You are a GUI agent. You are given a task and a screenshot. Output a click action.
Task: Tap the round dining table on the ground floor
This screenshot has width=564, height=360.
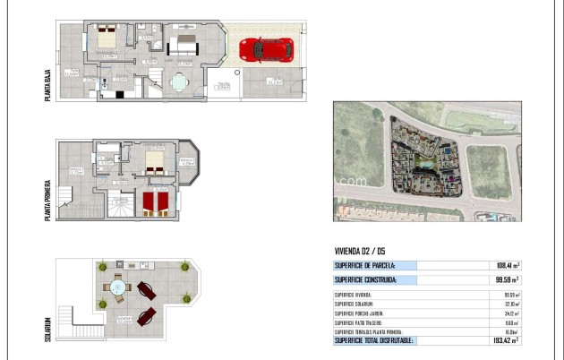(179, 82)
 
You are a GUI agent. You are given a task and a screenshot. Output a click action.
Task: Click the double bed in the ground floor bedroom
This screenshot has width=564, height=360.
(107, 39)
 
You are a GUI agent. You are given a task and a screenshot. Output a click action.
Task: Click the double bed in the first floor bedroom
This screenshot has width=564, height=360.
(155, 161)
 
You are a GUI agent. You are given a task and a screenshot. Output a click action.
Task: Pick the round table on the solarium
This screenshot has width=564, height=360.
(117, 288)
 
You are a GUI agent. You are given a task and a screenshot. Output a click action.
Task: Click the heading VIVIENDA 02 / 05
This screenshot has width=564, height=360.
(360, 252)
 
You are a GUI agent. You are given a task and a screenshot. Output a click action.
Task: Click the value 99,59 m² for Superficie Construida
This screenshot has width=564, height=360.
(506, 279)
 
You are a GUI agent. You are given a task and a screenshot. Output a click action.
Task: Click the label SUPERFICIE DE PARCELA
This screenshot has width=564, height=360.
(364, 265)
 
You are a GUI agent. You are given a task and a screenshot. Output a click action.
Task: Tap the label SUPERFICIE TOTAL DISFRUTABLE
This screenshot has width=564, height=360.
(375, 340)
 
